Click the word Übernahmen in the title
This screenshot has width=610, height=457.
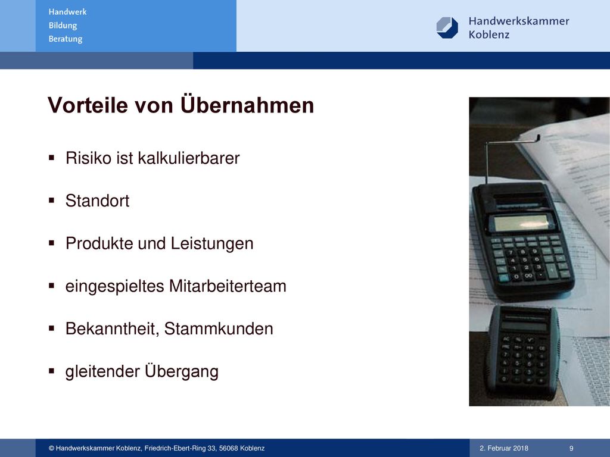click(x=247, y=105)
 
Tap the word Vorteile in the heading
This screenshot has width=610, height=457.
click(x=88, y=105)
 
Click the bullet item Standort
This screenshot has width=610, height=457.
click(x=97, y=201)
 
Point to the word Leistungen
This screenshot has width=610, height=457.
click(x=212, y=244)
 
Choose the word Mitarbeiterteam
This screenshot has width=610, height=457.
click(x=228, y=286)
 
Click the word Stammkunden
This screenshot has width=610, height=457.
click(x=219, y=328)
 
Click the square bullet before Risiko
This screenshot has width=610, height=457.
click(x=51, y=158)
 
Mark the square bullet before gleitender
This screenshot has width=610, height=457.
click(x=51, y=371)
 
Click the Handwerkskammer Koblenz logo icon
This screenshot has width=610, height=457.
click(x=447, y=27)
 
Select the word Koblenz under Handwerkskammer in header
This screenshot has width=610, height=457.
click(x=489, y=35)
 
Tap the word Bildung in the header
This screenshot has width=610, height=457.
click(x=63, y=26)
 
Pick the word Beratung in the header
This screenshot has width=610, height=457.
click(x=66, y=39)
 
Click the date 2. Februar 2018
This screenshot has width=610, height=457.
click(x=504, y=448)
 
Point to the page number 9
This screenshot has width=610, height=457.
click(x=571, y=448)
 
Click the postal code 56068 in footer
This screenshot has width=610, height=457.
click(x=228, y=448)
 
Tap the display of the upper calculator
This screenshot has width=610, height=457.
click(x=521, y=223)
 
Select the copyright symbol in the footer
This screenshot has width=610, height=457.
click(x=51, y=448)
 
